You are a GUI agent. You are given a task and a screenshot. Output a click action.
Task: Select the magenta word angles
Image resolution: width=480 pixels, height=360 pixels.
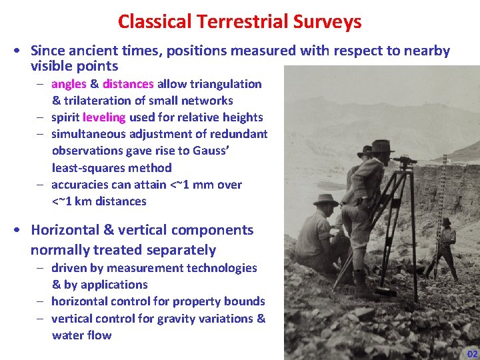tap(69, 84)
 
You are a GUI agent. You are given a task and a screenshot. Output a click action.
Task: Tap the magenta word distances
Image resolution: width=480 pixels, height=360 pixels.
tap(128, 84)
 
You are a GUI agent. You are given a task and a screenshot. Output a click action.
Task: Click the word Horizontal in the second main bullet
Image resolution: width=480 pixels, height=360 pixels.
tap(65, 230)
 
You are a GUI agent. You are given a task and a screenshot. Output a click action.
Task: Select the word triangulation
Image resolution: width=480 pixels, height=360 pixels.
tap(225, 84)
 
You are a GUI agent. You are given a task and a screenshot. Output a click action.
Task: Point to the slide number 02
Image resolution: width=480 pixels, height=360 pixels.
tap(472, 353)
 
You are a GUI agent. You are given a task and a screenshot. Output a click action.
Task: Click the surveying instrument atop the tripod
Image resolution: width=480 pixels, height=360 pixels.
tap(404, 161)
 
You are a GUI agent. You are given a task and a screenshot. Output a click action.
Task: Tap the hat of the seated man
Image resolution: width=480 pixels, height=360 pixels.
tap(325, 199)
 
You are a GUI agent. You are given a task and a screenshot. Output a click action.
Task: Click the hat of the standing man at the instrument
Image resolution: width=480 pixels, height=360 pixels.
tap(383, 145)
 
